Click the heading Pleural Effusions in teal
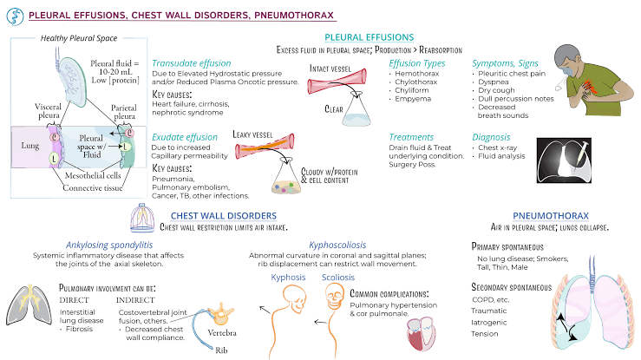point(369,37)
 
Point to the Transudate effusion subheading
point(192,63)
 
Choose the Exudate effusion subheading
point(184,137)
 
